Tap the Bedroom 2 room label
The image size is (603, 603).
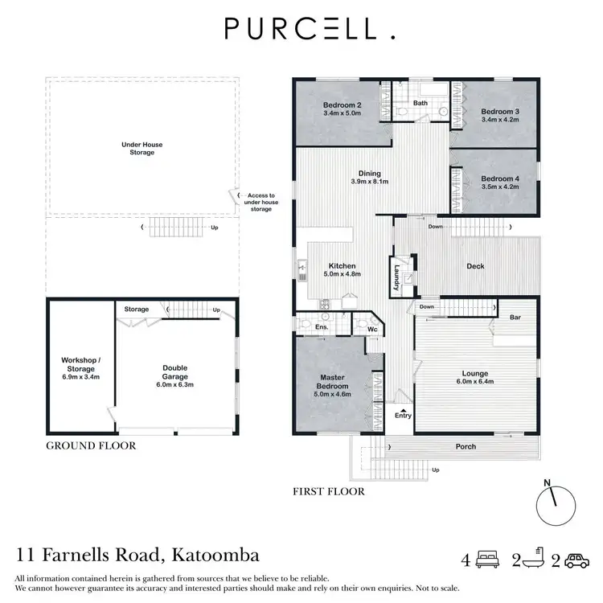(x=343, y=105)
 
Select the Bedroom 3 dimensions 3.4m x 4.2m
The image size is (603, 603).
(x=500, y=120)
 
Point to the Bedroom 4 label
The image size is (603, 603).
(x=500, y=178)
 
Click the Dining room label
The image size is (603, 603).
(x=369, y=173)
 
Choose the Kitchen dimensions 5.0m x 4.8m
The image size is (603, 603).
(x=342, y=274)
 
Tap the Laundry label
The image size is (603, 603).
(x=397, y=277)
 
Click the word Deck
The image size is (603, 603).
(x=477, y=266)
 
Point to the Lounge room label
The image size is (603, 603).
(x=475, y=373)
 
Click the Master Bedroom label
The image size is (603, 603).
(x=333, y=382)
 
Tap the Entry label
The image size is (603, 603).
(x=402, y=415)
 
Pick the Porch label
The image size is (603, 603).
(x=466, y=446)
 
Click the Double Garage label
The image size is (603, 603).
(x=174, y=371)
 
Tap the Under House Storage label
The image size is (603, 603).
(x=142, y=149)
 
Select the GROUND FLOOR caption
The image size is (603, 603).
(x=90, y=445)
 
